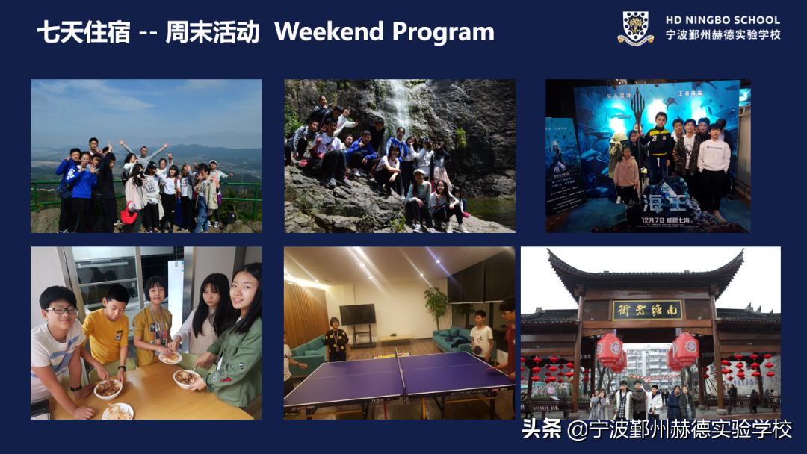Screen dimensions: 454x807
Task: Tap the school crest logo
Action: [x=635, y=28]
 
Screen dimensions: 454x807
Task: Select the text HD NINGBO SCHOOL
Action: [x=723, y=20]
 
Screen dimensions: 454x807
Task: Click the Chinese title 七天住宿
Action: [x=84, y=33]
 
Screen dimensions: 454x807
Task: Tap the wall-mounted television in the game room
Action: [x=357, y=314]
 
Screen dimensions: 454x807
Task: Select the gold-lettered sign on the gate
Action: [x=647, y=309]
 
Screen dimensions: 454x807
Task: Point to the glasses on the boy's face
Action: [x=61, y=311]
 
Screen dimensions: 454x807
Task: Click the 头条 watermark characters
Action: [x=541, y=429]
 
